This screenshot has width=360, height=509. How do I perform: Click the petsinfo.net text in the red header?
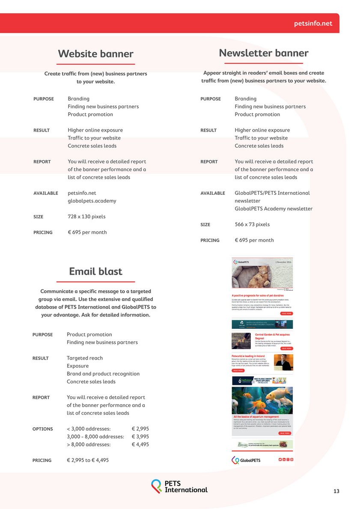313,24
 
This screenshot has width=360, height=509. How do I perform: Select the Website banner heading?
95,54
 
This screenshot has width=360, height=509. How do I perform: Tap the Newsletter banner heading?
263,53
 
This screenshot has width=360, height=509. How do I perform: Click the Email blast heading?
95,271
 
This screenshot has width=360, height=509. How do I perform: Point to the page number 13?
336,491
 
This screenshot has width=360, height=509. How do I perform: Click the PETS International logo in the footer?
179,486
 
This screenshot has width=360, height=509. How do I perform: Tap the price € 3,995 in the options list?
140,437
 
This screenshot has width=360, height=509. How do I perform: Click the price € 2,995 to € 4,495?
88,460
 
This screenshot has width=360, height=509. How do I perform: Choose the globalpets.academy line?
92,201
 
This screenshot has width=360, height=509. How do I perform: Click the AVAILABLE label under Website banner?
45,193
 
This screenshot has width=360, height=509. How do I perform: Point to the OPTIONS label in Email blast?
43,429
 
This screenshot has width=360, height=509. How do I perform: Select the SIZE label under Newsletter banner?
205,225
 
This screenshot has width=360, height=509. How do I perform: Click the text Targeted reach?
85,358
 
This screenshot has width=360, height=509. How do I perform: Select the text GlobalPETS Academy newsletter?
274,209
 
